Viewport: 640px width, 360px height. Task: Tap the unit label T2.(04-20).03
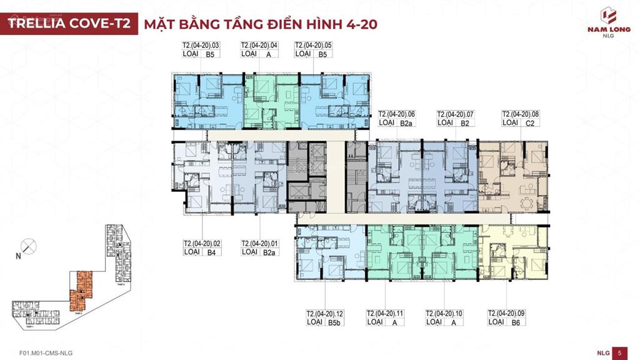201,46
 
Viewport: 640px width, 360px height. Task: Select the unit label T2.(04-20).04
259,46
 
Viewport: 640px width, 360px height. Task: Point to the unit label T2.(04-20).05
313,46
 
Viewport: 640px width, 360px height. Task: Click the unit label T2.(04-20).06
397,114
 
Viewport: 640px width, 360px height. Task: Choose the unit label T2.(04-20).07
456,114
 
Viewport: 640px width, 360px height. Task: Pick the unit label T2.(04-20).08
521,114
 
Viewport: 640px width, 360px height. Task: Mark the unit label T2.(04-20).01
260,243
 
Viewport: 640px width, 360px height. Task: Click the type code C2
530,123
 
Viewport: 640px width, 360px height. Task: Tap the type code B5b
335,322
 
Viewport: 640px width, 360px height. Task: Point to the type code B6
516,322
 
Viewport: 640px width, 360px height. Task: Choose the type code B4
211,252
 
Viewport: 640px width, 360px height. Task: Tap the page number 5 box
619,352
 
